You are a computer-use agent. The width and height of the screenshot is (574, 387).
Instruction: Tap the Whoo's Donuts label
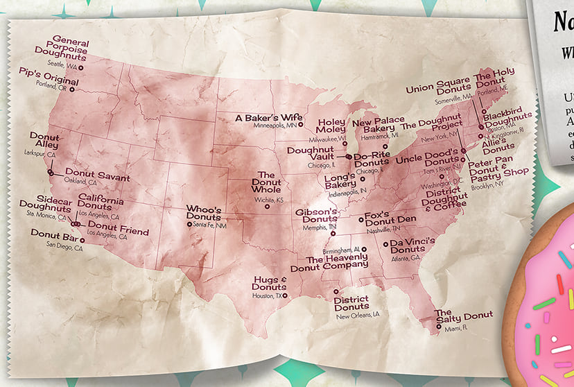pyautogui.click(x=203, y=213)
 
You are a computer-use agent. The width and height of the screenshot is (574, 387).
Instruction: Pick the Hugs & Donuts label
pyautogui.click(x=269, y=283)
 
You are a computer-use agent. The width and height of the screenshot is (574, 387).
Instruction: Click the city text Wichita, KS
pyautogui.click(x=270, y=200)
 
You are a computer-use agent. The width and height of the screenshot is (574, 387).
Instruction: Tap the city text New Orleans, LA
pyautogui.click(x=358, y=316)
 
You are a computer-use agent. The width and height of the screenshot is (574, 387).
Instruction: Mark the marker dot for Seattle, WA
pyautogui.click(x=81, y=67)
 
